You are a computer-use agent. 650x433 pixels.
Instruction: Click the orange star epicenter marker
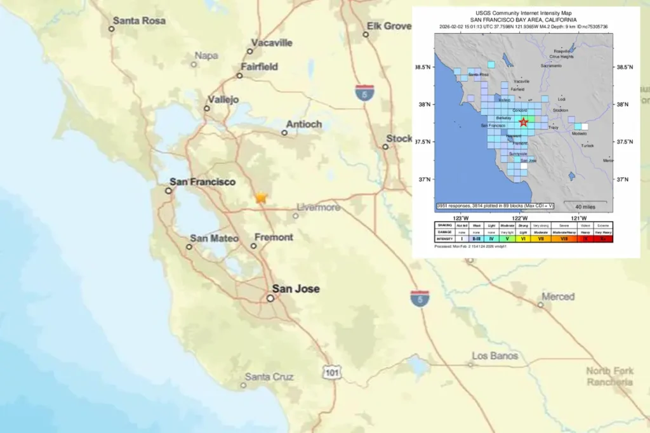pyautogui.click(x=261, y=197)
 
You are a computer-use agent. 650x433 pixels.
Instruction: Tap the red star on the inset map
pyautogui.click(x=523, y=122)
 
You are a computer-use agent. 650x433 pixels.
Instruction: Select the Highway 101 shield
pyautogui.click(x=331, y=373)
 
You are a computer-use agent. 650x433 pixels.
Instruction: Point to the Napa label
pyautogui.click(x=206, y=56)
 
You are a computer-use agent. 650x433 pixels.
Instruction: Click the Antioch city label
pyautogui.click(x=304, y=124)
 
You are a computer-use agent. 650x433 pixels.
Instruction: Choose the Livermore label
pyautogui.click(x=319, y=208)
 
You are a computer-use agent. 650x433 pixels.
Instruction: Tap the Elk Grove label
pyautogui.click(x=388, y=26)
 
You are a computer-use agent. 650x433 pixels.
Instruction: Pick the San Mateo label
pyautogui.click(x=215, y=239)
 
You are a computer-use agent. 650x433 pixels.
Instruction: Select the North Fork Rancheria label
pyautogui.click(x=609, y=376)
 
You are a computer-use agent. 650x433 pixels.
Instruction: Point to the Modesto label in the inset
pyautogui.click(x=579, y=134)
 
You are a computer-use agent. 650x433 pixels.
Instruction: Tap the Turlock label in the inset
pyautogui.click(x=587, y=145)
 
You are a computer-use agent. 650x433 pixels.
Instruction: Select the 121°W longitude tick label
pyautogui.click(x=578, y=218)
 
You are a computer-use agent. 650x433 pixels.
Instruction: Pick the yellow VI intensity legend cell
pyautogui.click(x=522, y=239)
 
